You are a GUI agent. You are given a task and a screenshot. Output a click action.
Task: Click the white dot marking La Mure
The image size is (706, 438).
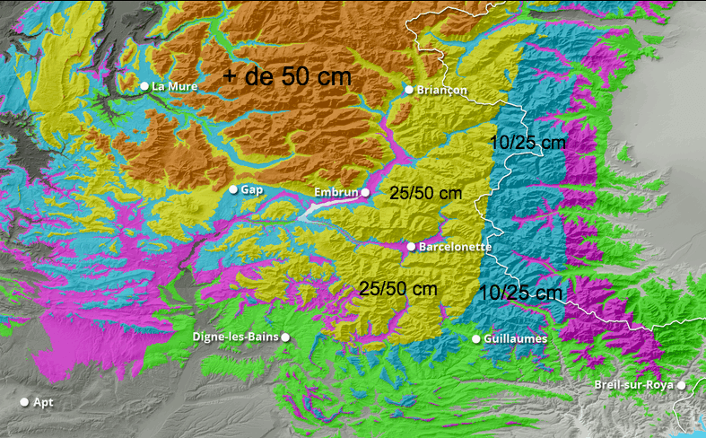click(144, 86)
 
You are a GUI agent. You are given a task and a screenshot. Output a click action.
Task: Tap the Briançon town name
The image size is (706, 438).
click(442, 90)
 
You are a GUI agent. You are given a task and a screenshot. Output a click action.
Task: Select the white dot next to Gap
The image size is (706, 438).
click(233, 189)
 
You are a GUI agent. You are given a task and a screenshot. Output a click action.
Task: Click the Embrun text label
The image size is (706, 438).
click(336, 192)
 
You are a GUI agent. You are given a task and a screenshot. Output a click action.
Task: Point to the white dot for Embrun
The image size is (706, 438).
click(365, 192)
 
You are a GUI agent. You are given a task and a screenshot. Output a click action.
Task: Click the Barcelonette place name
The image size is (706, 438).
click(455, 246)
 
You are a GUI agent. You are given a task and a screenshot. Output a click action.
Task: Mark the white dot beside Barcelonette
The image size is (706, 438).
click(411, 246)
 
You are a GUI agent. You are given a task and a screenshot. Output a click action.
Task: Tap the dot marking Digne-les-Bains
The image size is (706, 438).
click(285, 337)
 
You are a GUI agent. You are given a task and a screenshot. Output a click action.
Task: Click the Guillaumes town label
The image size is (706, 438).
click(514, 338)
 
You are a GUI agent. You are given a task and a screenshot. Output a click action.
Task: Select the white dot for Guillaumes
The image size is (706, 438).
click(476, 338)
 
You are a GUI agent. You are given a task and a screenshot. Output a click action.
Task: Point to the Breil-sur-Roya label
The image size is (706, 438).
click(634, 385)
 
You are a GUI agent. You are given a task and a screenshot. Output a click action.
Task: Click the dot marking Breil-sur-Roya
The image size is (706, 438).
click(682, 385)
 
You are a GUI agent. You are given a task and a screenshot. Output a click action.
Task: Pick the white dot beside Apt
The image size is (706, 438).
click(25, 402)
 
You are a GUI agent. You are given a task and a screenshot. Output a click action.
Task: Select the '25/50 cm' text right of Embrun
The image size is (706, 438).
click(426, 193)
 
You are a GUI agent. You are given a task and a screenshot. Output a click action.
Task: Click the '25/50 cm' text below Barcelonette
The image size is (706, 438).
click(397, 289)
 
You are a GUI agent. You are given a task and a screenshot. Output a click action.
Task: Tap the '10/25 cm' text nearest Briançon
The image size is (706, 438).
click(528, 143)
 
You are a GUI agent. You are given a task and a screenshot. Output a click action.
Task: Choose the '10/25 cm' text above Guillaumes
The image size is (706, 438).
click(520, 293)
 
